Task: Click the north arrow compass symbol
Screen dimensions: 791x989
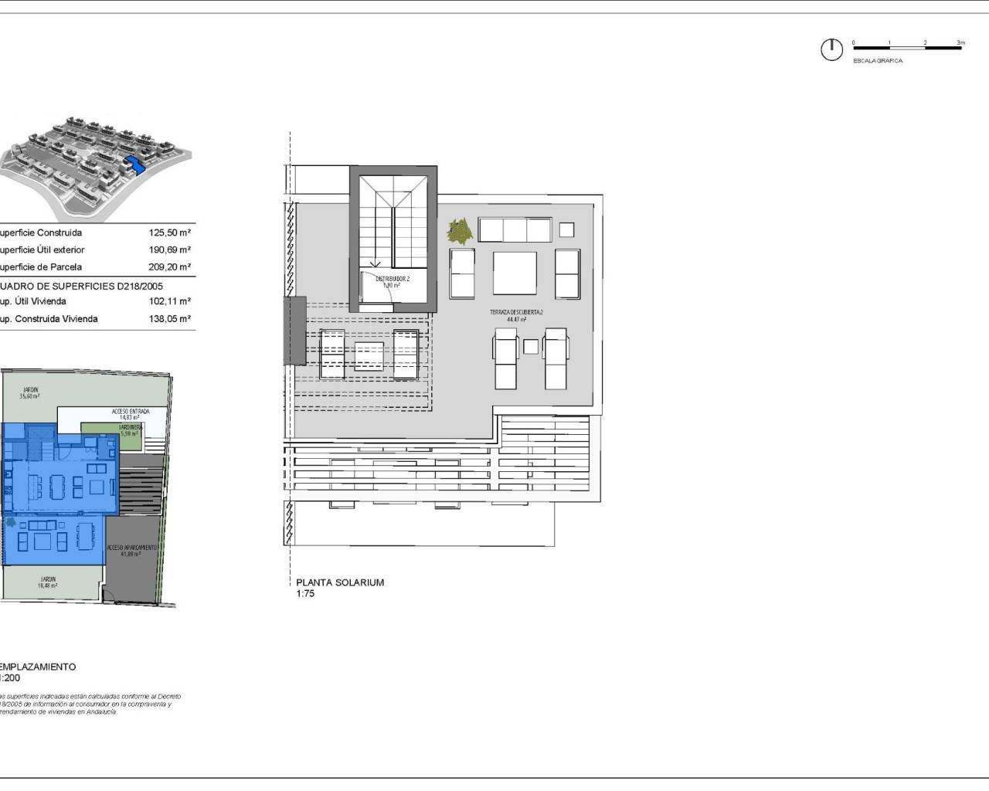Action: [x=831, y=49]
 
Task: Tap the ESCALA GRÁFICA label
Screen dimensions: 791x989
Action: [x=877, y=60]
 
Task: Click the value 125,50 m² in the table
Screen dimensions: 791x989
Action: [x=170, y=233]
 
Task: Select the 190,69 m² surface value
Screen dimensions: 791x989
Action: [x=170, y=250]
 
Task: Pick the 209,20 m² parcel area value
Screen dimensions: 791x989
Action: [x=170, y=266]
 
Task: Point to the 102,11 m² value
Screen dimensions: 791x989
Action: [x=170, y=301]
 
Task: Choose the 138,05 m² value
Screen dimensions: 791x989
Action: [x=170, y=318]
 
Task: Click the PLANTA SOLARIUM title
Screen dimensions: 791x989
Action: [x=340, y=582]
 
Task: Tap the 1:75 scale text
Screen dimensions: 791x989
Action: [x=305, y=594]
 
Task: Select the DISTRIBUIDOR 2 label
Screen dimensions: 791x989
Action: [x=393, y=279]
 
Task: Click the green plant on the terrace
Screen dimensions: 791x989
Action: [x=461, y=229]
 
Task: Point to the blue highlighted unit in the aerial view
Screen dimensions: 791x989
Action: [x=135, y=165]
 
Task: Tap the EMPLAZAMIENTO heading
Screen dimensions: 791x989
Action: [x=38, y=667]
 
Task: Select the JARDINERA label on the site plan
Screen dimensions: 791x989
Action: [x=129, y=426]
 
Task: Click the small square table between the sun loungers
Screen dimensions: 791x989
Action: [x=530, y=347]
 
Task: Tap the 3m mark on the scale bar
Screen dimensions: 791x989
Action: [x=960, y=43]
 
